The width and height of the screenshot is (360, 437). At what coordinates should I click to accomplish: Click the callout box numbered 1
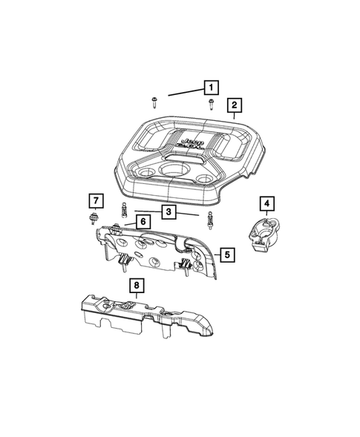[x=211, y=87]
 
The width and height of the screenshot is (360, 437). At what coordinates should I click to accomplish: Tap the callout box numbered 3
[x=169, y=213]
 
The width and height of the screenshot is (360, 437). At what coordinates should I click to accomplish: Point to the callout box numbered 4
[x=264, y=202]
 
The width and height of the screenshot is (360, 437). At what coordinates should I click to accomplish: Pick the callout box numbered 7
[x=95, y=200]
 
